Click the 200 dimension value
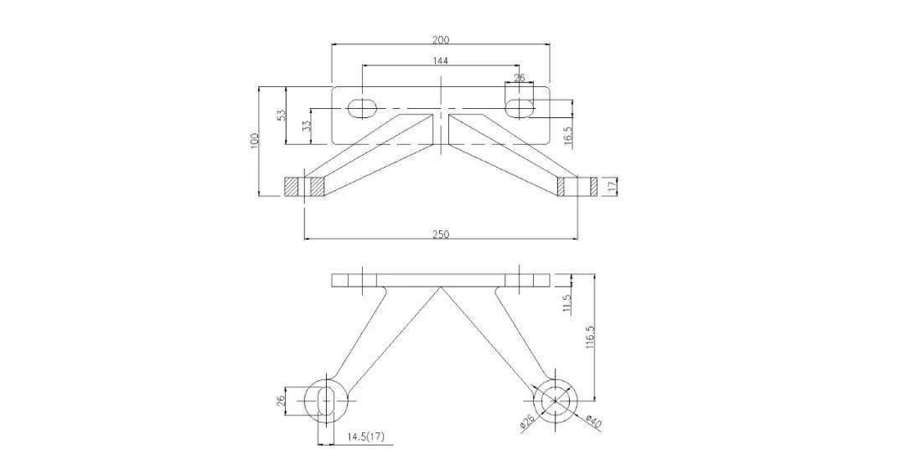coord(441,40)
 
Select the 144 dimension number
coord(440,60)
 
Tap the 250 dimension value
coord(441,235)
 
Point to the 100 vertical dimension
coord(255,141)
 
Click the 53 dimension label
coord(282,114)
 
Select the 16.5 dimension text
coord(568,138)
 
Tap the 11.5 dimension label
coord(566,303)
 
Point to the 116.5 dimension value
coord(590,338)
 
